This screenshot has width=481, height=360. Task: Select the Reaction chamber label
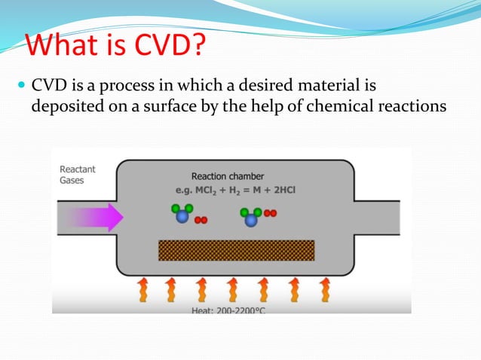[x=227, y=176]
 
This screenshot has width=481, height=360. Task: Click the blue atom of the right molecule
[x=250, y=219]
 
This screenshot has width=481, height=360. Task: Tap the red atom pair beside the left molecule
[x=201, y=221]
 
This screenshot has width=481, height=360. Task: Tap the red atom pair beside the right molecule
[x=270, y=212]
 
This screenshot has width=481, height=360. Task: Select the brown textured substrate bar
[x=236, y=249]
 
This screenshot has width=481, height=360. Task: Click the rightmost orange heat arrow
[x=325, y=290]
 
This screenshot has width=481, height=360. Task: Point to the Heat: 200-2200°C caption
[x=231, y=310]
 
